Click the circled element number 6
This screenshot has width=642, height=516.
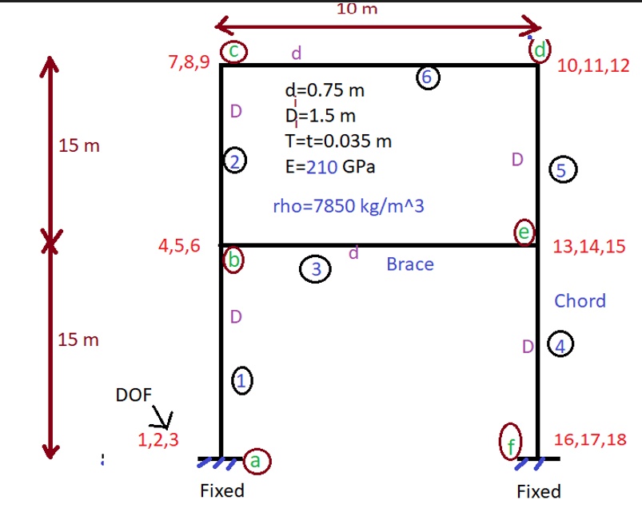point(428,77)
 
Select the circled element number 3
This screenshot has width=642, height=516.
point(315,269)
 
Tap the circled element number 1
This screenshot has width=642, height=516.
point(242,380)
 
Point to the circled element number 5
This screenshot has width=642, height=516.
point(563,169)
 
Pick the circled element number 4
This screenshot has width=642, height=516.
point(560,345)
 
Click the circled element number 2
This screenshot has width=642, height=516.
point(235,161)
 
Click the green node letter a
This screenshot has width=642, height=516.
point(255,461)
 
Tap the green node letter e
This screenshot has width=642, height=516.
point(524,232)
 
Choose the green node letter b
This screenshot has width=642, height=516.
point(233,260)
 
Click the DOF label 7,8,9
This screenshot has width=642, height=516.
point(189,62)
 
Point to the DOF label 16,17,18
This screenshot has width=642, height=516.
point(590,439)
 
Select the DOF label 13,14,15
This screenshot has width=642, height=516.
point(589,246)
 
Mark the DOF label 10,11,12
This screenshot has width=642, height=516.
point(593,65)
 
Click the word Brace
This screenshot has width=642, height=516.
point(410,264)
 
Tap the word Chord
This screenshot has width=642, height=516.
point(580,301)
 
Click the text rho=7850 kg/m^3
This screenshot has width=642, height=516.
point(349,206)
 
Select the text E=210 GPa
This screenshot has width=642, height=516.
point(330,167)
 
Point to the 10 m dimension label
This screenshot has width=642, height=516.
point(357,9)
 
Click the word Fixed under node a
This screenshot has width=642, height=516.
point(222,490)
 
